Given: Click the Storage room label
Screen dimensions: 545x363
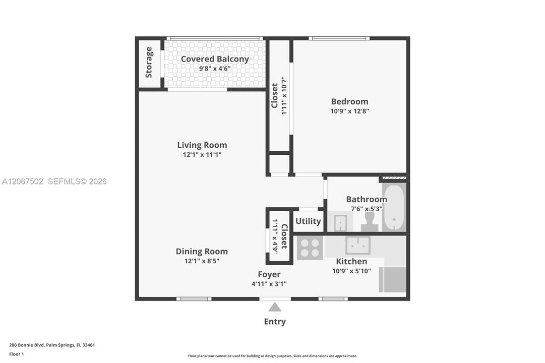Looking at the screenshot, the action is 149,62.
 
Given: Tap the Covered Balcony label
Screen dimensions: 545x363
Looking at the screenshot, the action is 215,59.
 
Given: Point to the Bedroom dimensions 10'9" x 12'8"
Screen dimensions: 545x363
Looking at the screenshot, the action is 349,111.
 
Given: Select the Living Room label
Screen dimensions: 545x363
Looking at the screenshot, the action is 202,145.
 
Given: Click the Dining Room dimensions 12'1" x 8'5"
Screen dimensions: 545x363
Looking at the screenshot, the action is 202,261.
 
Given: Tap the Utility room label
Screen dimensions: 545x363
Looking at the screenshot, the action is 308,221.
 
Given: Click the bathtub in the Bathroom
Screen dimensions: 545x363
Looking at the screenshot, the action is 394,207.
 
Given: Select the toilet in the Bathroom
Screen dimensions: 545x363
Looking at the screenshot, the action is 370,221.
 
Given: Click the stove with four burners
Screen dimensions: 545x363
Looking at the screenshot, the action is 310,248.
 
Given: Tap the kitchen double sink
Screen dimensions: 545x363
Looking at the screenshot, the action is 358,246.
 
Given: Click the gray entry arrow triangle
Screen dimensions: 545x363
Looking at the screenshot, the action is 275,307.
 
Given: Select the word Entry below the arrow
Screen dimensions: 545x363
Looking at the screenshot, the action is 275,322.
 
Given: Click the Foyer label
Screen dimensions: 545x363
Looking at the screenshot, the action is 269,274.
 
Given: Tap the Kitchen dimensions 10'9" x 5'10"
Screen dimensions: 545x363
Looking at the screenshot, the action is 351,271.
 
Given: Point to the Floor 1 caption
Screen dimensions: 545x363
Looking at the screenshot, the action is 16,354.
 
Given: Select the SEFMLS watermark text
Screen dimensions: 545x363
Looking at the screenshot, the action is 77,181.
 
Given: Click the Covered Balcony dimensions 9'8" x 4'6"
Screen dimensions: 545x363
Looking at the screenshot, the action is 215,69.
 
